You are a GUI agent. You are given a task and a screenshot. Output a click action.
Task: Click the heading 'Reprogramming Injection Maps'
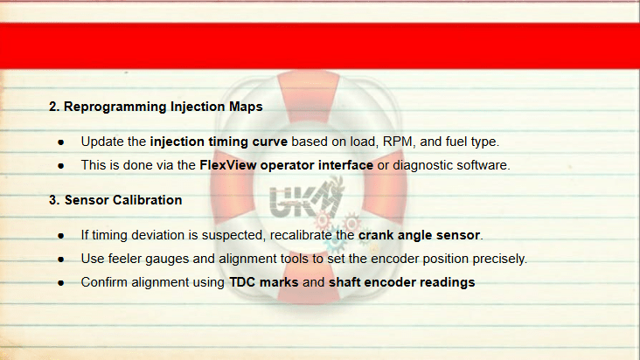(163, 107)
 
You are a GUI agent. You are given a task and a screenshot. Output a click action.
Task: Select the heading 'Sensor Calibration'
(123, 200)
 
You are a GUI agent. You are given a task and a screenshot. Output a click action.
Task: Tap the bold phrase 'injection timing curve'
(219, 142)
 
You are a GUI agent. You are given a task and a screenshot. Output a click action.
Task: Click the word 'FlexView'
(227, 165)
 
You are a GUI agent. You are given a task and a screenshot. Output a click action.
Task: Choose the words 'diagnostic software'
(450, 165)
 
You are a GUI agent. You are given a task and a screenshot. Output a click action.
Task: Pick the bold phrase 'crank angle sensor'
(419, 235)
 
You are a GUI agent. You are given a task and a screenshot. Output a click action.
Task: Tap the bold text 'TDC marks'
(264, 282)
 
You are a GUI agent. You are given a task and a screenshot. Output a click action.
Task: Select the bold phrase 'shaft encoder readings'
(401, 282)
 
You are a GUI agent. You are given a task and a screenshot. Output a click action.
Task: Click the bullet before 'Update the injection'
(61, 142)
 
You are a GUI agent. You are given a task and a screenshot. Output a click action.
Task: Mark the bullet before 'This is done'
(61, 166)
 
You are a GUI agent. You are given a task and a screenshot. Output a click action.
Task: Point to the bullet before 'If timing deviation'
(61, 236)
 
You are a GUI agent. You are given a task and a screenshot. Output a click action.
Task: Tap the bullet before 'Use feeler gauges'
(61, 260)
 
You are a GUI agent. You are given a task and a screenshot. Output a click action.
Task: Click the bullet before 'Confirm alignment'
(61, 283)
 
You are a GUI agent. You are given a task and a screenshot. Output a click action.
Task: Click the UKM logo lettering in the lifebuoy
(305, 199)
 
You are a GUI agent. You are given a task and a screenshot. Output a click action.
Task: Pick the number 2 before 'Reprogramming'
(52, 107)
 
